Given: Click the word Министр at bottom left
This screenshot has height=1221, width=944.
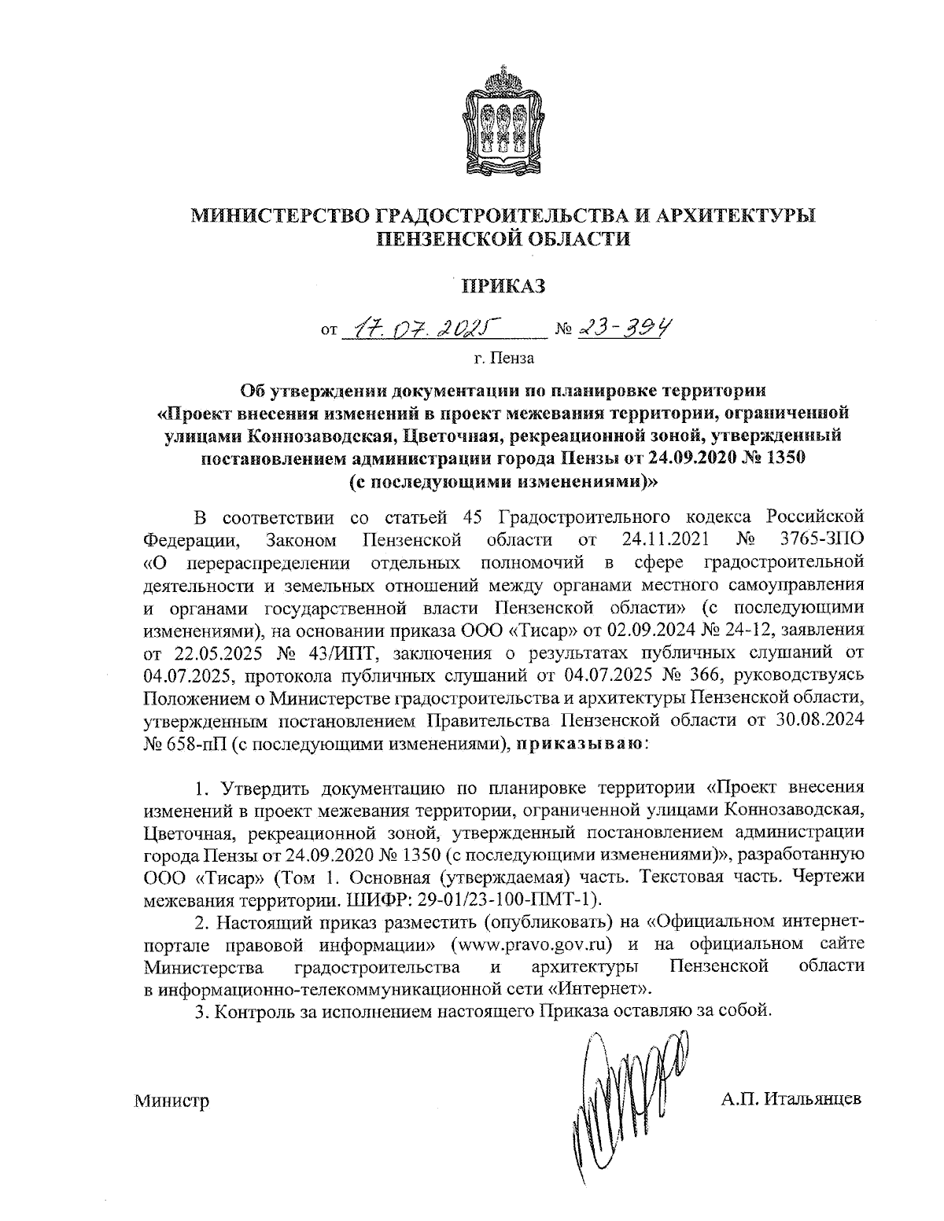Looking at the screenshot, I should click(171, 1100).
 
